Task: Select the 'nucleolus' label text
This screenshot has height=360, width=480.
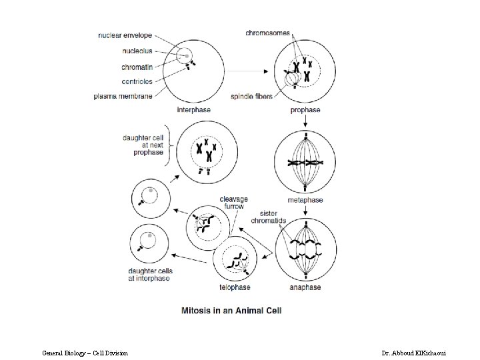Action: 137,50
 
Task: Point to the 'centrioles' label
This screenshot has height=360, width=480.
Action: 137,81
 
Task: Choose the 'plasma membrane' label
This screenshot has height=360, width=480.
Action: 123,96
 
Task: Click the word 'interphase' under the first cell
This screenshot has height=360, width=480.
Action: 193,109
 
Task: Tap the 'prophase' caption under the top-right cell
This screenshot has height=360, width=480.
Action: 305,110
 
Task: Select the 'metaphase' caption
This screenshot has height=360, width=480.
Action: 306,200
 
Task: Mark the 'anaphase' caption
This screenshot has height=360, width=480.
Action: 305,287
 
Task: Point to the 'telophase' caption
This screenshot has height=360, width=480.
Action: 235,288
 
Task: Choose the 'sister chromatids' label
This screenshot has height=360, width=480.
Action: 269,217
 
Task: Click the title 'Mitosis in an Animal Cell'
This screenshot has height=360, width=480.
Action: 231,311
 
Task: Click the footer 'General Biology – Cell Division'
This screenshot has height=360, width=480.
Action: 85,351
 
